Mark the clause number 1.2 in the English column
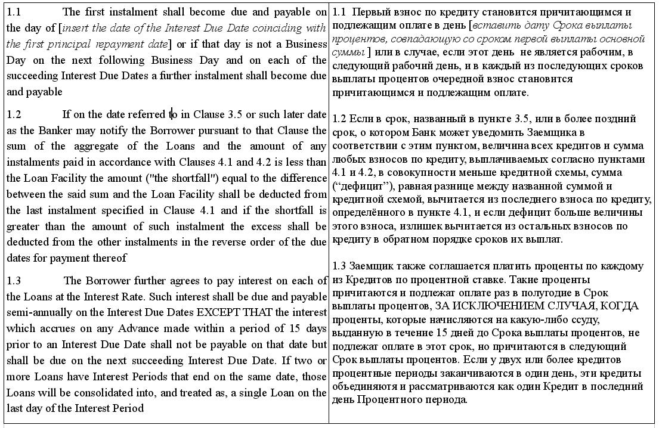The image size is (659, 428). (x=14, y=114)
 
